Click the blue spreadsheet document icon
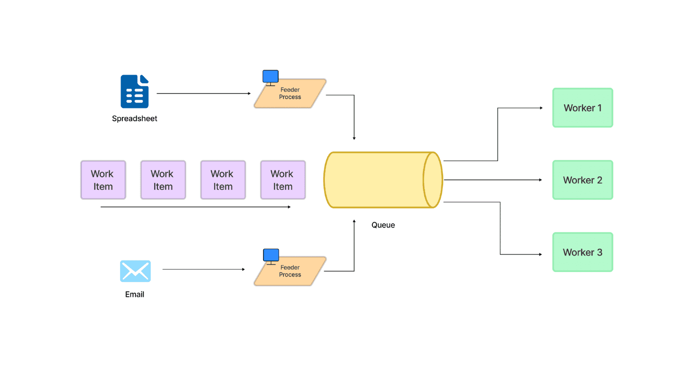[x=135, y=91]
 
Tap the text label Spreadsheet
[x=135, y=119]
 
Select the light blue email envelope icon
[x=135, y=271]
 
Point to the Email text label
[x=135, y=295]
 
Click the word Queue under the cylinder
[x=383, y=225]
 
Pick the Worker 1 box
[x=583, y=108]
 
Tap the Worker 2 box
[x=583, y=180]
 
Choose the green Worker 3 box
[x=583, y=252]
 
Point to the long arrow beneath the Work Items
[x=195, y=207]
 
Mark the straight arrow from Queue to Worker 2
[x=493, y=180]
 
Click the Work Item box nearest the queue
[x=283, y=180]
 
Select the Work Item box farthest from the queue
[x=103, y=180]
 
